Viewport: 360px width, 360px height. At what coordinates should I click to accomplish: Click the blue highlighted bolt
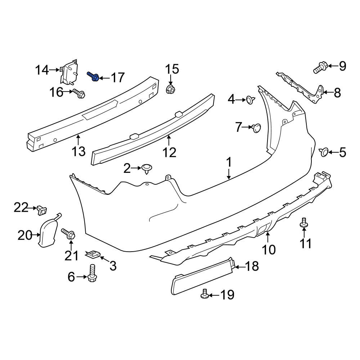point(93,76)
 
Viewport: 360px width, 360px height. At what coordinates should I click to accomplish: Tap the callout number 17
point(118,78)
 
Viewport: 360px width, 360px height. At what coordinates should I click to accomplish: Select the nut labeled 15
point(170,89)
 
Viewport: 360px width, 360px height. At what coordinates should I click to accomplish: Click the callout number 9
point(342,66)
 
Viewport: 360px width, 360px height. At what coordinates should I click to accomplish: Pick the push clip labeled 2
point(147,169)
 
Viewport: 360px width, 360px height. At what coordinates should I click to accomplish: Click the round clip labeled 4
point(250,100)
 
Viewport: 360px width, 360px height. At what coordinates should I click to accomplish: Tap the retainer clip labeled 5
point(324,152)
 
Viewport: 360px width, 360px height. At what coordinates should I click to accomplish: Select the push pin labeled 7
point(256,128)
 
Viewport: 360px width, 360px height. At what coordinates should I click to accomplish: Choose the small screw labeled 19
point(205,294)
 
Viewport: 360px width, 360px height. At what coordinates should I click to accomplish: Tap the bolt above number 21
point(68,234)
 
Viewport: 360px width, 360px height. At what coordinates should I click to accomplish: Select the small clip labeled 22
point(41,211)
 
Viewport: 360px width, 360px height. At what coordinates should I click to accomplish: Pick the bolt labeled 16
point(79,93)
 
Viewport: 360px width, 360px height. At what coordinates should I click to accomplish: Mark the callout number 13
point(78,152)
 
